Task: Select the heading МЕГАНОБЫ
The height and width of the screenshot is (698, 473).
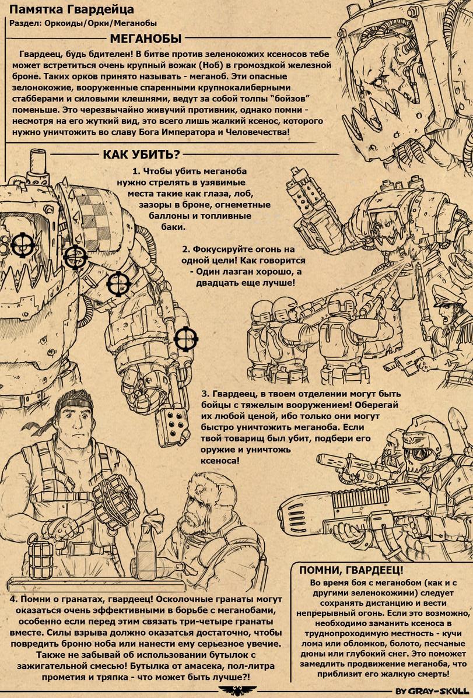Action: pos(146,38)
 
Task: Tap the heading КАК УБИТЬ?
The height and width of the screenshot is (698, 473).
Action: pos(142,155)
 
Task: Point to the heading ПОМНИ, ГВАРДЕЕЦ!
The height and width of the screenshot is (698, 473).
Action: pos(351,570)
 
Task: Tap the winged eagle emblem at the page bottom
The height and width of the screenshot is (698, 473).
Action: pos(237,690)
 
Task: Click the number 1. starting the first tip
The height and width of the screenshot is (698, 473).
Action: pos(136,171)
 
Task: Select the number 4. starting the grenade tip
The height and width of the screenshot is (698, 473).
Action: pos(14,599)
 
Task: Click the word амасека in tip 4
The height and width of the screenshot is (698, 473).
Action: pos(205,667)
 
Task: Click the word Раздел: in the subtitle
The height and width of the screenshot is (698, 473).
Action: pos(26,23)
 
